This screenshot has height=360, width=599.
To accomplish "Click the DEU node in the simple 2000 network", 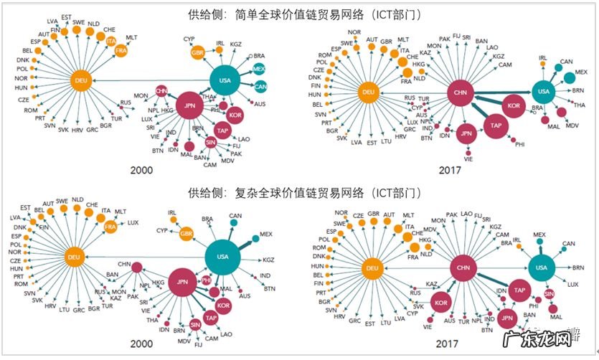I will click(80, 81).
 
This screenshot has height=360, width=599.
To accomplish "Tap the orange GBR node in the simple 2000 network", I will click(198, 52).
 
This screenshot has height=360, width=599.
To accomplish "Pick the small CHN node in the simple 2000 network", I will click(161, 90).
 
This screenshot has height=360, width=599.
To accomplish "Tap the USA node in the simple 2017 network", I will click(543, 91).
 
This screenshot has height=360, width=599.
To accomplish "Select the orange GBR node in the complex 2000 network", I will click(187, 234).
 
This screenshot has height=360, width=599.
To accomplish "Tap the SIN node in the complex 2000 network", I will click(195, 325).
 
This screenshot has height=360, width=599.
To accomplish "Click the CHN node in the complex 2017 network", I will click(463, 268).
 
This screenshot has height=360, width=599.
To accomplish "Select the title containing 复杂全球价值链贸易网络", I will click(299, 193).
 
